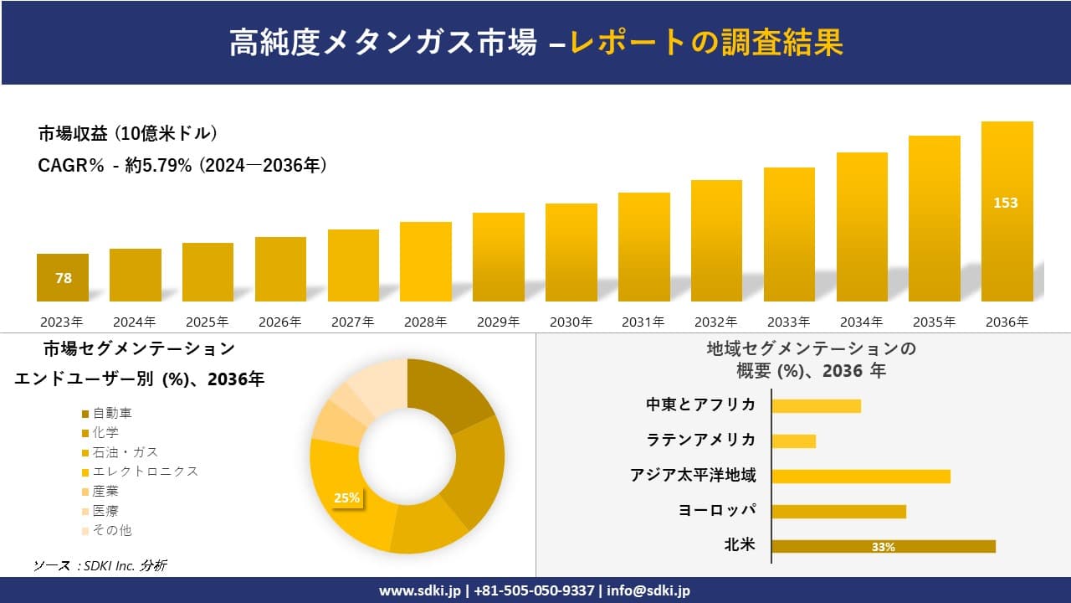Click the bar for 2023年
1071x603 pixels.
point(63,277)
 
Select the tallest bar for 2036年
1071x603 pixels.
point(1007,211)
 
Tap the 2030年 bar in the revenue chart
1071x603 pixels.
point(571,252)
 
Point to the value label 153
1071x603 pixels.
point(1006,203)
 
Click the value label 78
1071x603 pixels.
point(64,278)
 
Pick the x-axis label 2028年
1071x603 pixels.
point(425,322)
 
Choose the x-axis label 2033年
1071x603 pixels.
point(788,322)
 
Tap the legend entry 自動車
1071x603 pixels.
point(112,413)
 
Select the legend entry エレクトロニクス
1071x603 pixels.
point(146,472)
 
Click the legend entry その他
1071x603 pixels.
point(112,530)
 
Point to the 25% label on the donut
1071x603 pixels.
point(346,497)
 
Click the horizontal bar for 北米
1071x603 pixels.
point(883,546)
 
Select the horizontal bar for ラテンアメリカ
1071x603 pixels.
point(793,441)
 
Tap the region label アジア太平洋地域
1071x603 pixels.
point(693,476)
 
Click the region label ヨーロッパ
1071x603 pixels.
point(717,510)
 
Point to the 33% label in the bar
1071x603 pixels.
point(883,547)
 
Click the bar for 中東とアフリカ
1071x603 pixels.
point(816,405)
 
